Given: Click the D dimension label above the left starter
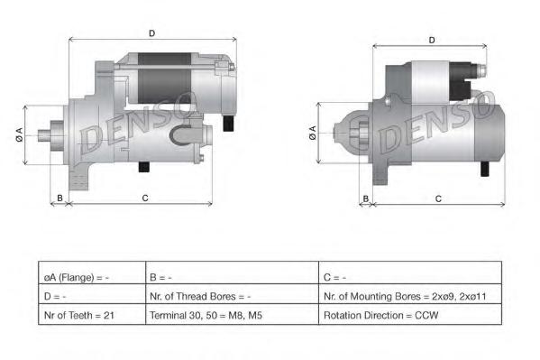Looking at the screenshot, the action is (151, 33).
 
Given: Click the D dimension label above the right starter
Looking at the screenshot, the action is (432, 40).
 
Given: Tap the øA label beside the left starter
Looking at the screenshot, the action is (19, 134).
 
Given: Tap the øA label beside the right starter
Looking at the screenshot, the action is (312, 133).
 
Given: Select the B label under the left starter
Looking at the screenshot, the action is (59, 198).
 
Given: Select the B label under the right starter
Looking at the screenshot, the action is (366, 198).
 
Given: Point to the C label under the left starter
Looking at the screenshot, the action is (145, 198).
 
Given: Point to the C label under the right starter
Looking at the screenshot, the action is (438, 198).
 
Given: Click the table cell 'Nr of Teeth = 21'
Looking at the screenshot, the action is (92, 315).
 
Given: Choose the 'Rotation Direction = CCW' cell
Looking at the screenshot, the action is (410, 315).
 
